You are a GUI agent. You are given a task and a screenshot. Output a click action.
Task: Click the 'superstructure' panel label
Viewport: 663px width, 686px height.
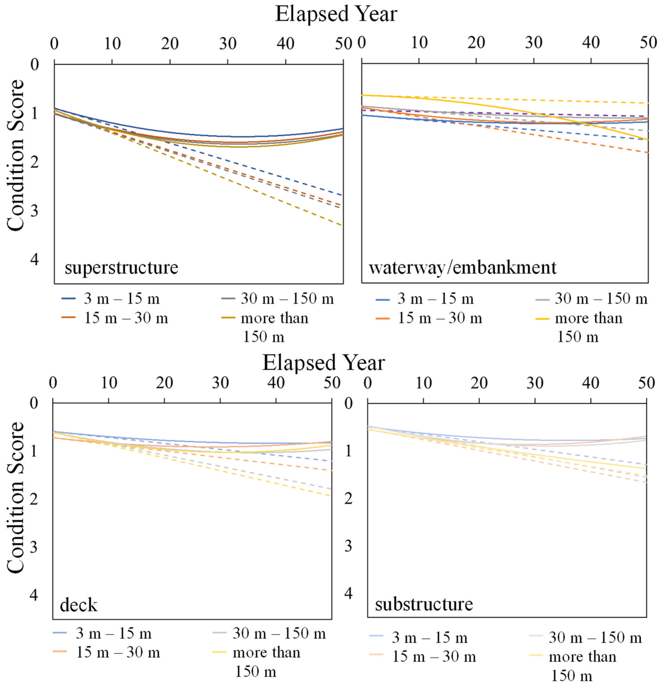point(121,268)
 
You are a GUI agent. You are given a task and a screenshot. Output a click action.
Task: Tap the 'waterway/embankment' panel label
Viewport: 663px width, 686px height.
point(462,268)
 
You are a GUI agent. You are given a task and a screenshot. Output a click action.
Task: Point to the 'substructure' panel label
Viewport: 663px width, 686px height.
point(424,604)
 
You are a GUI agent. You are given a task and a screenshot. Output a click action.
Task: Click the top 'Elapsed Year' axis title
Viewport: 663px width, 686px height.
point(336,15)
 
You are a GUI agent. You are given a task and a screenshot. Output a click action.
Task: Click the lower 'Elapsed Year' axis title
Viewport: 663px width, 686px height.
point(323,363)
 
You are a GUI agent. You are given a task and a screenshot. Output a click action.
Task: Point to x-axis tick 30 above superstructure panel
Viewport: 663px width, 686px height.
point(228,44)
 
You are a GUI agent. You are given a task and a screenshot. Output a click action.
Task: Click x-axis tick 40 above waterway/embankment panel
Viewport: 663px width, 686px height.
point(591,43)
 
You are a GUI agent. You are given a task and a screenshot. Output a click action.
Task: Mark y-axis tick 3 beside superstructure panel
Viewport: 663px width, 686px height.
point(34,212)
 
